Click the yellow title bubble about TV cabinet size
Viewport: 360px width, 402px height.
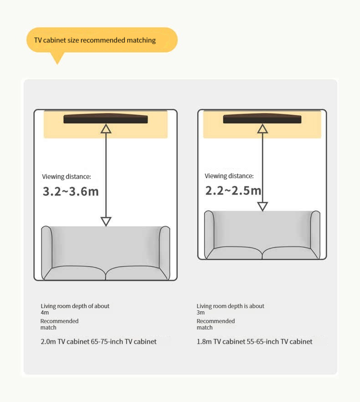(102, 40)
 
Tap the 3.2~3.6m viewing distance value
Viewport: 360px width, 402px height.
(71, 191)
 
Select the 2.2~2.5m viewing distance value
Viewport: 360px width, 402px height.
(233, 191)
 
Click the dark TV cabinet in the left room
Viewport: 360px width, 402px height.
(106, 119)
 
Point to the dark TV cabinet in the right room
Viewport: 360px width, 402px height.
(262, 119)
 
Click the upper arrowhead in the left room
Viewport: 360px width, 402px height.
(106, 129)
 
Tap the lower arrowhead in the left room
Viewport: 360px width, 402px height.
(106, 222)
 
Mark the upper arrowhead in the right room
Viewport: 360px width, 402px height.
(262, 129)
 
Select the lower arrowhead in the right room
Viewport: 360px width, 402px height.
(262, 206)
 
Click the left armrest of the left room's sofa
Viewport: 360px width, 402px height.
(46, 253)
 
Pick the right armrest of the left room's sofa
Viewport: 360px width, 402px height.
(165, 253)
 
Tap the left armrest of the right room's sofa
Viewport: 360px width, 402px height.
(209, 234)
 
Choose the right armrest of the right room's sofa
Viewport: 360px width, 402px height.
(315, 234)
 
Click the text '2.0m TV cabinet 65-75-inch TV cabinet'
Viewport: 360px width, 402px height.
(98, 341)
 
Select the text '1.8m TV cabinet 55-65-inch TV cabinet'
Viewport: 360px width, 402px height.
(254, 341)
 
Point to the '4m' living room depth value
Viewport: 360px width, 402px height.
(45, 313)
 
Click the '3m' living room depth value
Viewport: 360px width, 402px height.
(201, 313)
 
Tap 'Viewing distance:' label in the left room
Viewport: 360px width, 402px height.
(67, 177)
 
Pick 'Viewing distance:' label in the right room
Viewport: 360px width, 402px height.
(229, 176)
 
